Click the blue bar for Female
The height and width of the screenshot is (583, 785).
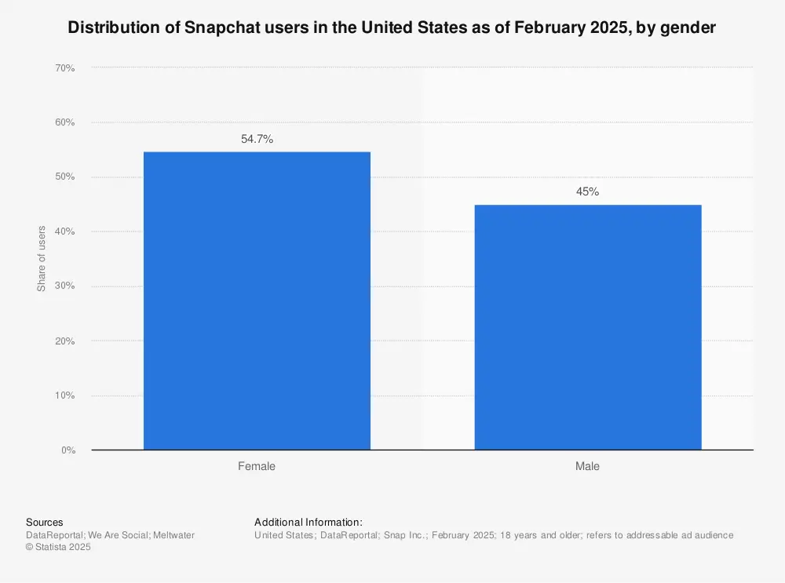(257, 301)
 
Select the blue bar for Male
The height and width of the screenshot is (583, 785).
(587, 327)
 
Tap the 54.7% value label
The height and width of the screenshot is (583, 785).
(257, 139)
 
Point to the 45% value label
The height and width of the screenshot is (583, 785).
(587, 191)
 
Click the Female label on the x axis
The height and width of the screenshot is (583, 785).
(257, 466)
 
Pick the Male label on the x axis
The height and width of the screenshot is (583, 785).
(587, 466)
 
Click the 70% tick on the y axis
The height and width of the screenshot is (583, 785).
(64, 68)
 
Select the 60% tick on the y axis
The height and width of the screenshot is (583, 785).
(64, 122)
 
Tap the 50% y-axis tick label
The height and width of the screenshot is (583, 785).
(64, 177)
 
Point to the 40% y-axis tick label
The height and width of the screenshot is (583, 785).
(64, 231)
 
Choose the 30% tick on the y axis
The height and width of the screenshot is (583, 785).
(64, 286)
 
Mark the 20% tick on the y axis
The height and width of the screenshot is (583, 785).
(64, 341)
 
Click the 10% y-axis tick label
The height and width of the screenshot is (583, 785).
(64, 395)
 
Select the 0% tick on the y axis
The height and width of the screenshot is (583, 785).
(68, 450)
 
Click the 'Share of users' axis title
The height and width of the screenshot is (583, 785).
(42, 259)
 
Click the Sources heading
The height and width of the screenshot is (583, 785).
(45, 523)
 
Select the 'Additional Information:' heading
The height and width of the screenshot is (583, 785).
(309, 523)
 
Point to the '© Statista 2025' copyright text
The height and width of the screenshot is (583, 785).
(58, 548)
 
